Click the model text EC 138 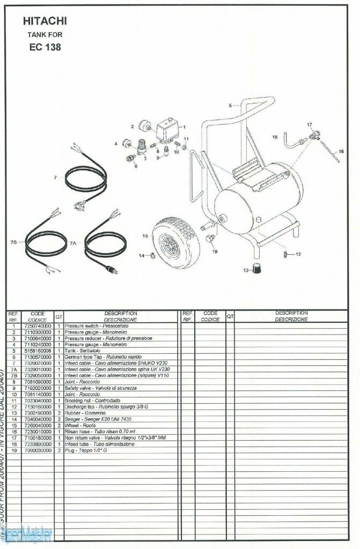[x=45, y=47]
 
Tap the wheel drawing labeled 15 [x=175, y=242]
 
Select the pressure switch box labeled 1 [x=168, y=129]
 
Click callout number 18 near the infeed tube [x=275, y=137]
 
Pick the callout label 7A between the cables [x=74, y=243]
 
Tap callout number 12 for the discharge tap [x=298, y=254]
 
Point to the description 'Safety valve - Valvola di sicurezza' [x=100, y=388]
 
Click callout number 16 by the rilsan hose [x=341, y=152]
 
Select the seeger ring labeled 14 [x=152, y=255]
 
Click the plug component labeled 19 [x=210, y=238]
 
